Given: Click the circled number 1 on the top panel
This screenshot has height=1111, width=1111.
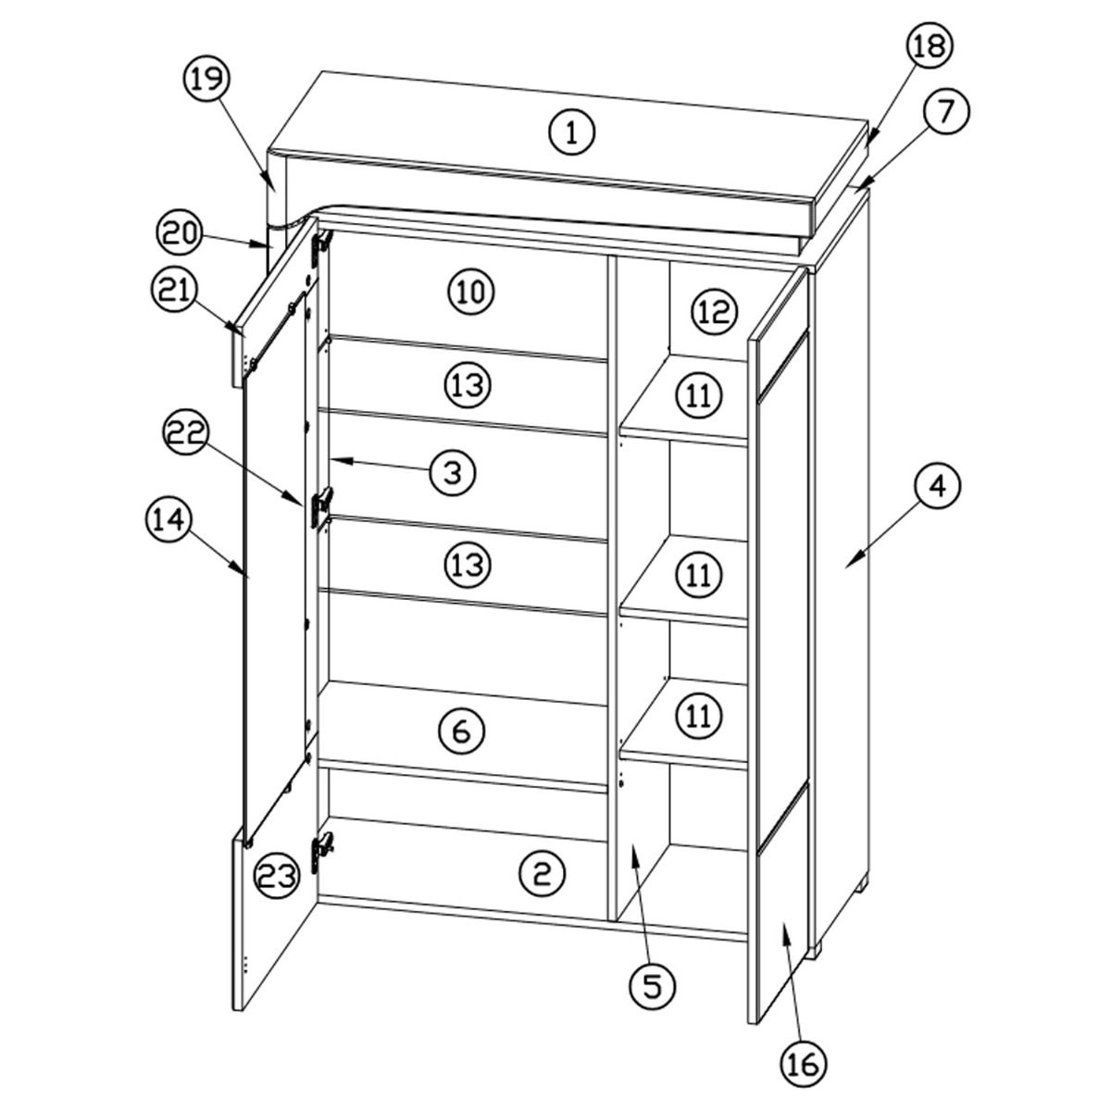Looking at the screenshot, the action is click(x=571, y=133).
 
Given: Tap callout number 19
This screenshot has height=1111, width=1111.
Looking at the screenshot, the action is click(x=207, y=79).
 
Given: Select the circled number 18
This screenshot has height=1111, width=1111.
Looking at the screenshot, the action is click(x=930, y=47).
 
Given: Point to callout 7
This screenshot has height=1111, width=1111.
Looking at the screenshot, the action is click(x=945, y=112).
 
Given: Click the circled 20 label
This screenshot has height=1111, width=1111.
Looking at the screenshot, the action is click(x=180, y=234).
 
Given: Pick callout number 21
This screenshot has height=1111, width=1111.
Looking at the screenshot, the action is click(x=175, y=291).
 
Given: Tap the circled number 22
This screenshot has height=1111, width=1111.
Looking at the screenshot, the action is click(x=186, y=435).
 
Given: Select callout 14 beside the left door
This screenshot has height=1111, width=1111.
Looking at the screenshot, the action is click(x=169, y=520).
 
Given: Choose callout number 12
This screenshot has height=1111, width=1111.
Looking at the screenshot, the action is click(x=714, y=311).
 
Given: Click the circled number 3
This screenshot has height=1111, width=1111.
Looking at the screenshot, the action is click(x=453, y=473).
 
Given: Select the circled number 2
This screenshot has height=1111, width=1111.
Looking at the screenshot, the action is click(x=543, y=873).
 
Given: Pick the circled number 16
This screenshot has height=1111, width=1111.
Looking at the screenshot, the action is click(x=803, y=1066).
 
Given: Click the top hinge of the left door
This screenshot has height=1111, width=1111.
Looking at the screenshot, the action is click(x=321, y=248).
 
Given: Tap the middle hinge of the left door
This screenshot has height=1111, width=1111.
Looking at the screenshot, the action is click(x=321, y=506).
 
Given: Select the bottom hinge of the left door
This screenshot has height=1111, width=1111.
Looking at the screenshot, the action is click(x=321, y=852).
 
